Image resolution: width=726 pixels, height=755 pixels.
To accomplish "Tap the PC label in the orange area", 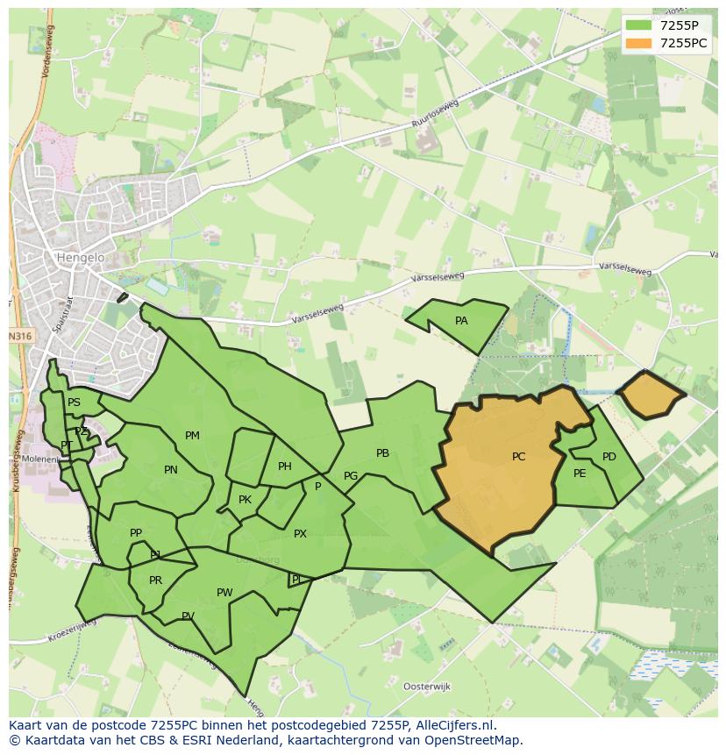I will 518,457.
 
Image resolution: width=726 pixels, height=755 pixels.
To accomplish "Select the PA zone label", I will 461,321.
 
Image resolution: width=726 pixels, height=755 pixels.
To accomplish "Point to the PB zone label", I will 382,453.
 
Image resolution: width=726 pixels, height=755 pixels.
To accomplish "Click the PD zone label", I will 609,457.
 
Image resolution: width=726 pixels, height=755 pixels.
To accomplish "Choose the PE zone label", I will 580,474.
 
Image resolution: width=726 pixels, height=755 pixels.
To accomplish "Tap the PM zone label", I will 192,436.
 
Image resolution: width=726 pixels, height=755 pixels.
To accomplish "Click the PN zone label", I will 171,470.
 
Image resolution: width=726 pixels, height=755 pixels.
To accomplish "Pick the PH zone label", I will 285,467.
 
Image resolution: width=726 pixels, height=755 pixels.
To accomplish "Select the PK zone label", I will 245,500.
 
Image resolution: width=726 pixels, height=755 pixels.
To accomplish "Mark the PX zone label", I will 300,533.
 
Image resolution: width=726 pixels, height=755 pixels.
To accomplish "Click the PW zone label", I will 224,593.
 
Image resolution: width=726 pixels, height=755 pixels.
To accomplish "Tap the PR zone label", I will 155,580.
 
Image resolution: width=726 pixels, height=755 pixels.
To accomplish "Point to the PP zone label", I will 136,533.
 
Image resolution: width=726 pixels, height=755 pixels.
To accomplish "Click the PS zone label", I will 74,402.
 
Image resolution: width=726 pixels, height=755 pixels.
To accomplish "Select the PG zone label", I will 351,476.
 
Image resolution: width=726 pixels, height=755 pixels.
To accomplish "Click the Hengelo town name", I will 80,258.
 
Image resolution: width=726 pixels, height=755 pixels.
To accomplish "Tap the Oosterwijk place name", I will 426,686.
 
